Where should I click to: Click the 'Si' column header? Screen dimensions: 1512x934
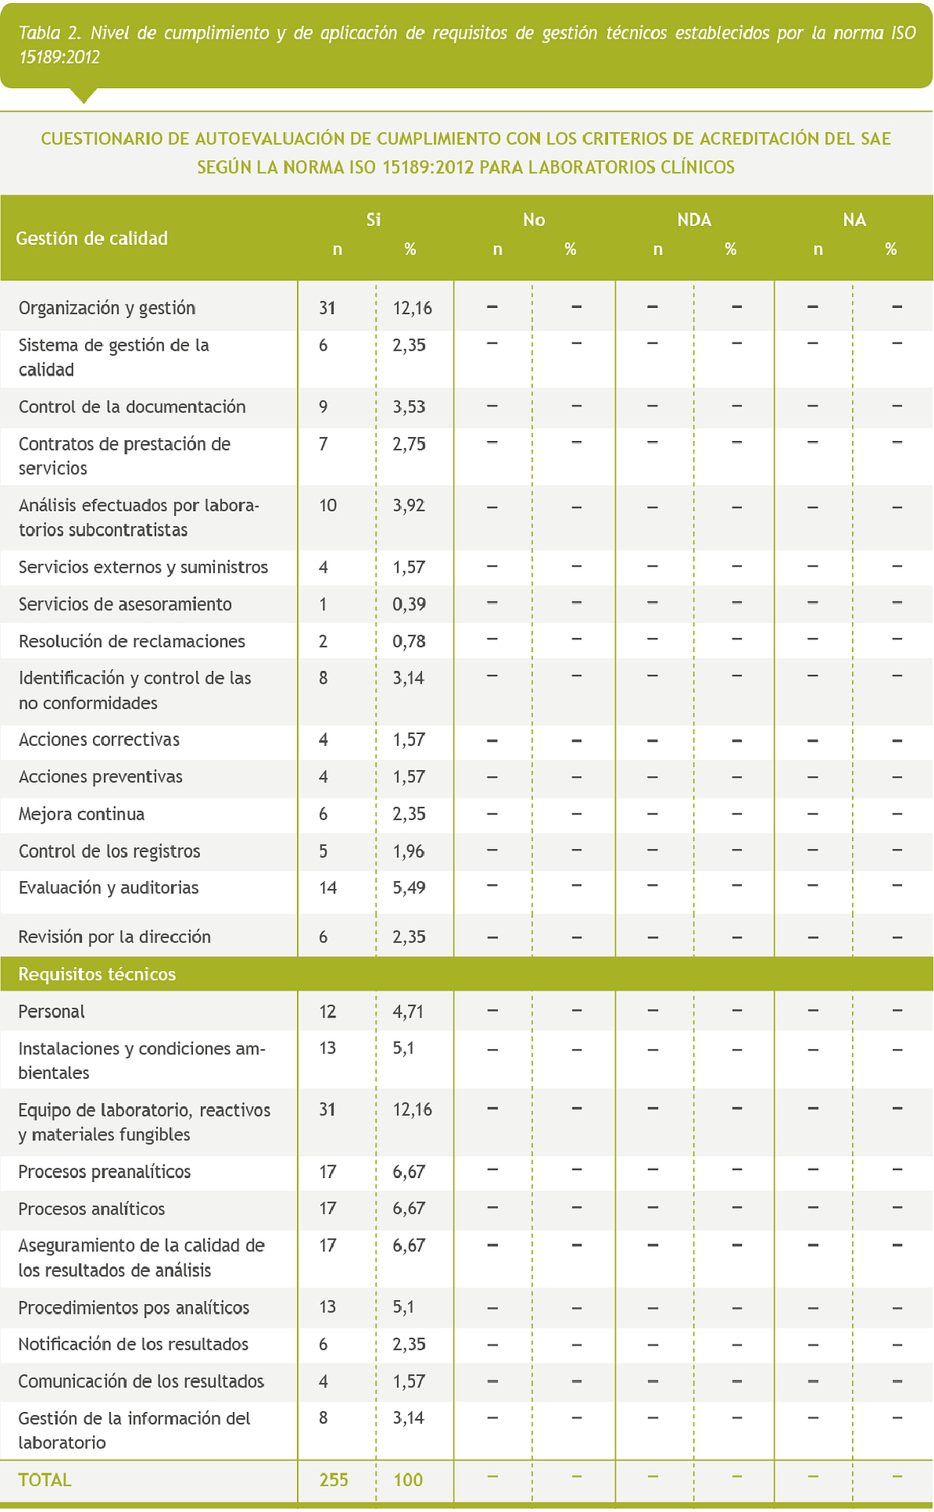pos(373,220)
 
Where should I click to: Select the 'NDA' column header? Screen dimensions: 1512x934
pos(694,220)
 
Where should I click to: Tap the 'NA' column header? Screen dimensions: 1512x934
pos(854,220)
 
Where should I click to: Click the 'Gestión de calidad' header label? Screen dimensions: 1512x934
pos(92,239)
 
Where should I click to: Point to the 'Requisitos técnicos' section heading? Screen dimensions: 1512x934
pos(97,974)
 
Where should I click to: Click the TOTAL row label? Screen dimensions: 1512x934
pos(45,1480)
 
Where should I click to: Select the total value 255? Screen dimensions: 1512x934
pos(334,1480)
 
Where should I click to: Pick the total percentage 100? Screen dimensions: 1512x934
pos(408,1480)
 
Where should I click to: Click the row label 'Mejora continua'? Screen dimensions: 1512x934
pos(82,813)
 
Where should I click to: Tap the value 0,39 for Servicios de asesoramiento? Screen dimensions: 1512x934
pos(409,604)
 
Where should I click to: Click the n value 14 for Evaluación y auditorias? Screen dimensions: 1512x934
pos(328,888)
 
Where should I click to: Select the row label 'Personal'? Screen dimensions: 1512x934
pos(52,1011)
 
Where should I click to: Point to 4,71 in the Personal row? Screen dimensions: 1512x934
pos(409,1011)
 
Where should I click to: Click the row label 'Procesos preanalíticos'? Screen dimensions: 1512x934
pos(105,1171)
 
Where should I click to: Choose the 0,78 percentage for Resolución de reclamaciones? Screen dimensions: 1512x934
pos(409,641)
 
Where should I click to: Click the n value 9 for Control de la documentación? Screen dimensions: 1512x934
pos(323,406)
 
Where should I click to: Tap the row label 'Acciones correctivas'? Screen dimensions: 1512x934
pos(99,739)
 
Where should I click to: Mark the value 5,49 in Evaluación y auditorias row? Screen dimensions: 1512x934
pos(409,888)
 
